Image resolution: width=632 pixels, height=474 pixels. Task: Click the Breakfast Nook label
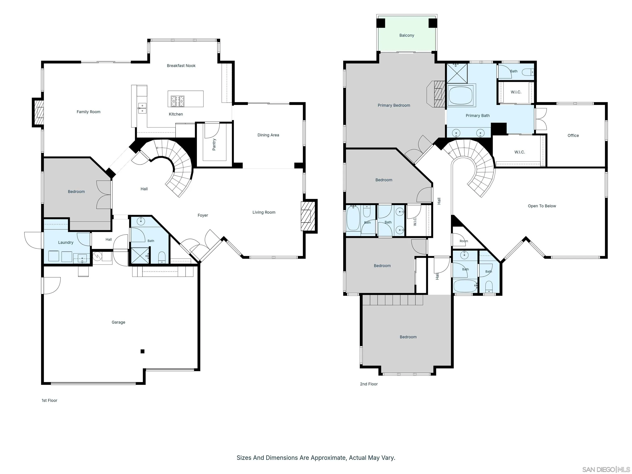tap(181, 66)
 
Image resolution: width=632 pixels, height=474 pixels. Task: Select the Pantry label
tap(214, 145)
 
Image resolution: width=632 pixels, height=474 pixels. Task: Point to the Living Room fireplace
tap(308, 216)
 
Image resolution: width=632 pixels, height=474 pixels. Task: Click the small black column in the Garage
tap(142, 351)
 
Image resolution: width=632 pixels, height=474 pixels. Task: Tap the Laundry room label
tap(66, 243)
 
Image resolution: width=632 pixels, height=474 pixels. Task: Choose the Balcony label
tap(407, 35)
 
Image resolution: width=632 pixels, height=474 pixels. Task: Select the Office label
tap(573, 135)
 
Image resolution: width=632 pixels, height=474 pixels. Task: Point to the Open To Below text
tap(542, 206)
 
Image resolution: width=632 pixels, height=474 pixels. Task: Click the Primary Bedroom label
tap(394, 105)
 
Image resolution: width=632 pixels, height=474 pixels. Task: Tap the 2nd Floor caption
tap(369, 384)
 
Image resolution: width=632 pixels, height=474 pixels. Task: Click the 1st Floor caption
tap(49, 401)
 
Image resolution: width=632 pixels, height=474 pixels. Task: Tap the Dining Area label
tap(268, 135)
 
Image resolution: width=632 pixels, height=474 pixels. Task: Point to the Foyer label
tap(203, 215)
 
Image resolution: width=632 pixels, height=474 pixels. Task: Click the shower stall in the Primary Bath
tap(457, 73)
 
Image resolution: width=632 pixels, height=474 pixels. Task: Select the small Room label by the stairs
tap(464, 241)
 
